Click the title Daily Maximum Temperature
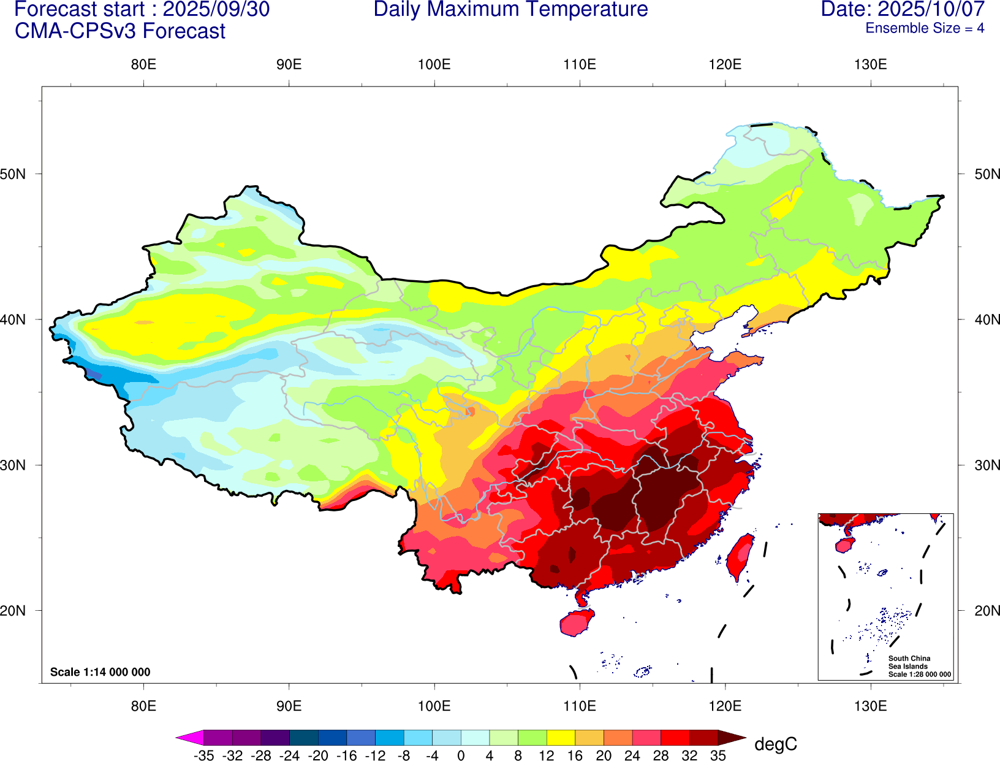[x=510, y=10]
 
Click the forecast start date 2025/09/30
[x=216, y=10]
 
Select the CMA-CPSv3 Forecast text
[x=120, y=31]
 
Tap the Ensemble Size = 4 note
[x=925, y=28]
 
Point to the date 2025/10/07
[x=931, y=10]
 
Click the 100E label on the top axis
[x=434, y=65]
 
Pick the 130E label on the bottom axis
[x=870, y=706]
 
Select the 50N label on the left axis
[x=13, y=174]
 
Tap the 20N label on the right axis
[x=987, y=611]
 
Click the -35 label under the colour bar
[x=203, y=755]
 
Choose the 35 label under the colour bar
[x=718, y=755]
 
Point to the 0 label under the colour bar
[x=461, y=755]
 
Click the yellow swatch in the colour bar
[x=561, y=738]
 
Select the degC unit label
[x=776, y=744]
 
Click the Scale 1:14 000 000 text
[x=100, y=672]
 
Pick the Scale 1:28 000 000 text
[x=920, y=675]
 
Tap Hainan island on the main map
[x=577, y=623]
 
